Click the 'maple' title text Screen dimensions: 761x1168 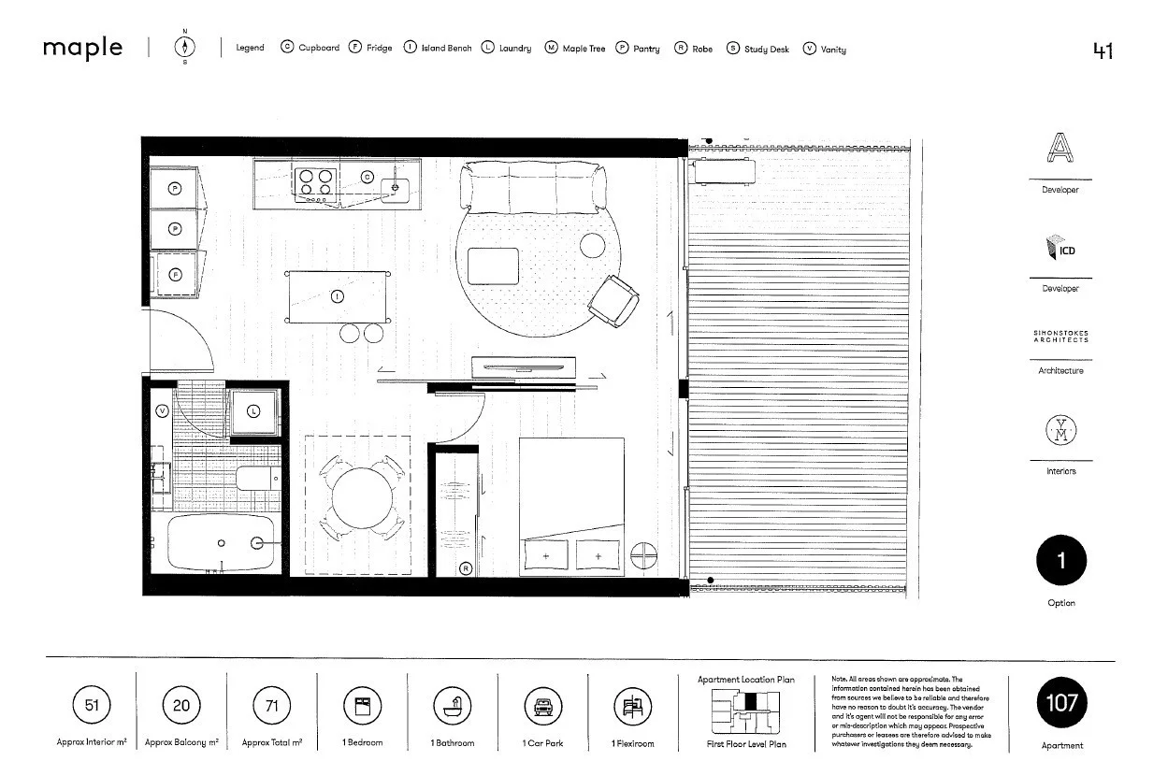(x=82, y=48)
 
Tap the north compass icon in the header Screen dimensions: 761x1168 (x=184, y=48)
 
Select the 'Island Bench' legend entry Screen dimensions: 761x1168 (x=438, y=48)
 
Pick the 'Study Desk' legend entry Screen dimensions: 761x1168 (x=758, y=48)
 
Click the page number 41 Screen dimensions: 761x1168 (x=1103, y=50)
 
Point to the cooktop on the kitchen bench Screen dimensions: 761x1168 (x=316, y=184)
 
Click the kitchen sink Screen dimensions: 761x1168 (x=397, y=185)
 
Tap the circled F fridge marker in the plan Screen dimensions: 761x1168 (x=175, y=275)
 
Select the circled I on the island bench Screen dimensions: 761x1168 (x=338, y=297)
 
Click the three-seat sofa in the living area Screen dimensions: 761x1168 (x=532, y=186)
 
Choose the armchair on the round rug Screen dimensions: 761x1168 (x=613, y=300)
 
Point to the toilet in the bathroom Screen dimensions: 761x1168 (x=257, y=480)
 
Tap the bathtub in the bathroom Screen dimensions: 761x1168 (x=222, y=543)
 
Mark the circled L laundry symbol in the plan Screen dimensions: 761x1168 (x=253, y=411)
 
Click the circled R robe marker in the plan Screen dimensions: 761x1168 (x=466, y=567)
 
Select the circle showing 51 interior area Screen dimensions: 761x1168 (x=92, y=706)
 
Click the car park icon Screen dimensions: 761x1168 (x=541, y=707)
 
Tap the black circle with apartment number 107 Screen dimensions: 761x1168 (x=1061, y=704)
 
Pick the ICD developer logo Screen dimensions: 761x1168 (x=1060, y=249)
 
